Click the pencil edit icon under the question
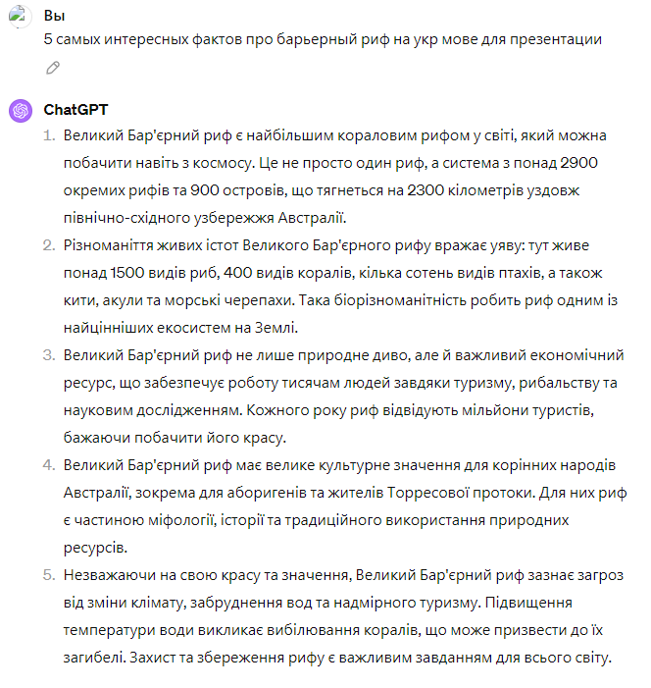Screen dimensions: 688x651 tap(53, 68)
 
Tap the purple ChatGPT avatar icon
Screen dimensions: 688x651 tap(20, 110)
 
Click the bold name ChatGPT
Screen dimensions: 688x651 tap(75, 109)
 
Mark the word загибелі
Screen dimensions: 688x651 tap(92, 657)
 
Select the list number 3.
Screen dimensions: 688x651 tap(47, 354)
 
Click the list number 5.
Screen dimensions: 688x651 tap(47, 574)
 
